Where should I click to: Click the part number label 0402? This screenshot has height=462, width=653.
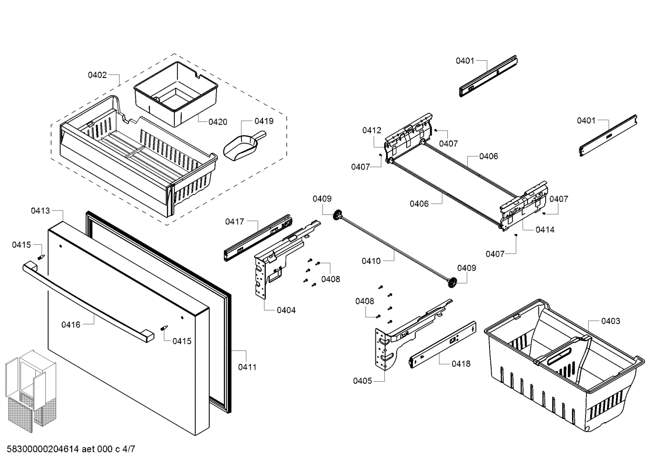[x=97, y=75]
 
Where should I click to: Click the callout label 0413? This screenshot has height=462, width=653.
[x=40, y=210]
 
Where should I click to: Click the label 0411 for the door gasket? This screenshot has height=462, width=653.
[x=247, y=367]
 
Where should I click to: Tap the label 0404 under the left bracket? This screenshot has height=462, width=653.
[x=286, y=310]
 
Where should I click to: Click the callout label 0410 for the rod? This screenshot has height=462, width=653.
[x=371, y=261]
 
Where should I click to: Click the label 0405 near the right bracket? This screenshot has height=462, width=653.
[x=363, y=380]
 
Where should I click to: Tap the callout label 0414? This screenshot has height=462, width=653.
[x=545, y=229]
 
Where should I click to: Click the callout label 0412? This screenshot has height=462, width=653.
[x=371, y=131]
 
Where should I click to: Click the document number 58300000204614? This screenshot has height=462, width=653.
[x=41, y=449]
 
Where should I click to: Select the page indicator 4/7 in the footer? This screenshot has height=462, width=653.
[x=128, y=449]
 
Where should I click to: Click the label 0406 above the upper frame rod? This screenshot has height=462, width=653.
[x=489, y=156]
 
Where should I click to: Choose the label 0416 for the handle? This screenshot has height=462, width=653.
[x=71, y=324]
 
